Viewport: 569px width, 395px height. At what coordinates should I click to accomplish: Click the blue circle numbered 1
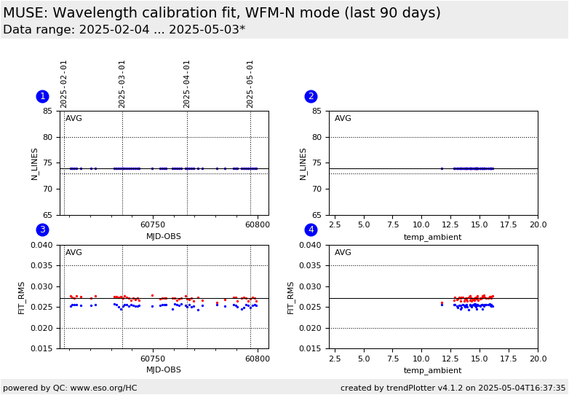(42, 96)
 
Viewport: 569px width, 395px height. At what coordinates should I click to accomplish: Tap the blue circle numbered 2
(311, 96)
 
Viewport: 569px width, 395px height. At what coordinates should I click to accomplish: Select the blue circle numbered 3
(42, 230)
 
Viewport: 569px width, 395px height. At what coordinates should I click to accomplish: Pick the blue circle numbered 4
(311, 230)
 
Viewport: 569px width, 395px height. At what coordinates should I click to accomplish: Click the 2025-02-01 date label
(64, 84)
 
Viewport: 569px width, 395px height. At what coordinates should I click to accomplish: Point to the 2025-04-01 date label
(187, 84)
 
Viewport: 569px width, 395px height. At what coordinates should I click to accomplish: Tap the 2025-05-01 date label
(250, 84)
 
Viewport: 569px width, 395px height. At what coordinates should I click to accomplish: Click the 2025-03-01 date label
(122, 84)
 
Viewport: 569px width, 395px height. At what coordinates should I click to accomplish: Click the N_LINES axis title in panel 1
(34, 163)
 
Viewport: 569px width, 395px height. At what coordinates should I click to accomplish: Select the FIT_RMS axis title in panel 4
(291, 297)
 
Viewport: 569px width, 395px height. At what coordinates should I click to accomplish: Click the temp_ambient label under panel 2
(433, 237)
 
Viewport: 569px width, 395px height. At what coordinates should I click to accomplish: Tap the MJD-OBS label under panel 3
(164, 370)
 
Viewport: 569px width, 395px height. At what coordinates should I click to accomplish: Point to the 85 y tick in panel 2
(317, 112)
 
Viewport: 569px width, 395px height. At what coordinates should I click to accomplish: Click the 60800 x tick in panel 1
(257, 226)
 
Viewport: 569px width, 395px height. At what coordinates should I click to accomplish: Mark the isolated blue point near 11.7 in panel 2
(442, 168)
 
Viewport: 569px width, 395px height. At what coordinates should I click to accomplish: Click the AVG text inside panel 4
(343, 253)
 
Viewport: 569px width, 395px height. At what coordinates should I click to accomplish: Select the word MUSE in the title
(23, 13)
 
